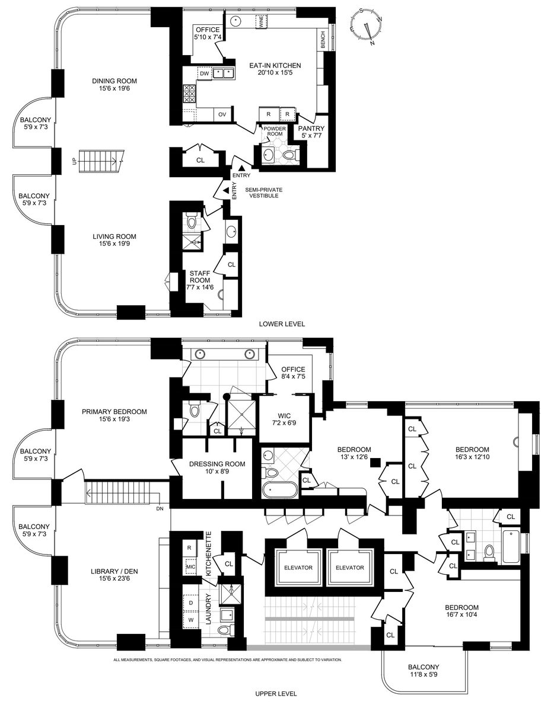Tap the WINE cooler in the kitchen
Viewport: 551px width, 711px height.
262,22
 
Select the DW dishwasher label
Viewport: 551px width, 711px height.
204,73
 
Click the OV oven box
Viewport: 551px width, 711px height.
222,114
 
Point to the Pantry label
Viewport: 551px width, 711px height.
311,128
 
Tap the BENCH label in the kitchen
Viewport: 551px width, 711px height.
323,40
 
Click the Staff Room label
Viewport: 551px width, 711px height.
200,277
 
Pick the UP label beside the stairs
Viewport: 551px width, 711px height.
74,161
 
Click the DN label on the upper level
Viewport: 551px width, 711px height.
160,508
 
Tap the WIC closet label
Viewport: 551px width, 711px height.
284,416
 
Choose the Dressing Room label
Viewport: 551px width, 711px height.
217,464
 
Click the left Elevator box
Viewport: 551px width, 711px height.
298,568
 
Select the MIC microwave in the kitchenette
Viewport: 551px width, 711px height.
190,566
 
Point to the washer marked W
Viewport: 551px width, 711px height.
191,619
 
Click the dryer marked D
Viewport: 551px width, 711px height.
191,603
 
